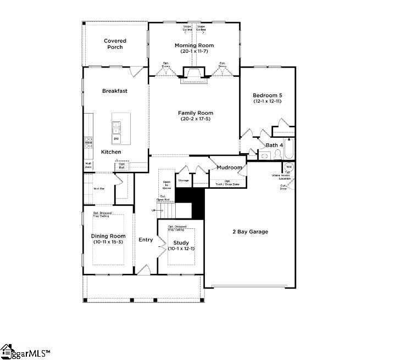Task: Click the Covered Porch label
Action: point(115,44)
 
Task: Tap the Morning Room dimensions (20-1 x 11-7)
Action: point(194,52)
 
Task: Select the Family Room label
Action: point(195,113)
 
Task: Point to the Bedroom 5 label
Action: point(268,95)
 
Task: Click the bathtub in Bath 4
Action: point(290,149)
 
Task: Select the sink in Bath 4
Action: point(264,156)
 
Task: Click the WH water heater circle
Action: point(288,167)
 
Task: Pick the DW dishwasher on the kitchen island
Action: point(116,139)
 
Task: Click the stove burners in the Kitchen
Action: point(88,143)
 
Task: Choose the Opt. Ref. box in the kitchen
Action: point(122,165)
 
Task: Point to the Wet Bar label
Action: point(99,188)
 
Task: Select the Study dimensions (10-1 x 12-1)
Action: point(181,249)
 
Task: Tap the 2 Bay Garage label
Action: point(250,232)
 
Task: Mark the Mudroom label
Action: point(229,167)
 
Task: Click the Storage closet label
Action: point(183,180)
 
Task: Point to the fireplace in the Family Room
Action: point(194,76)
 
